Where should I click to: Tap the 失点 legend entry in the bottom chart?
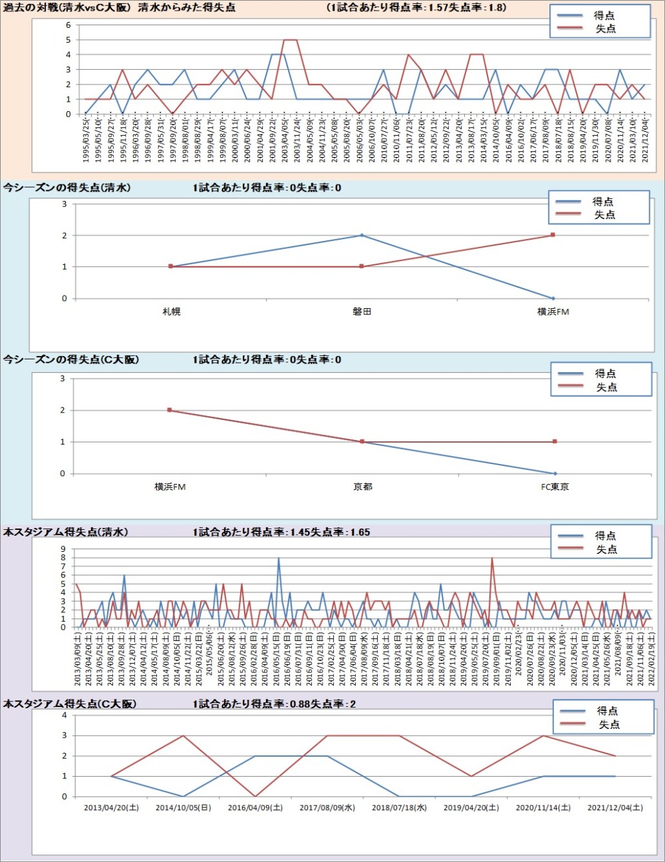click(x=609, y=724)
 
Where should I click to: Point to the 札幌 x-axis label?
click(x=171, y=312)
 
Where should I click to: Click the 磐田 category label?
click(x=362, y=312)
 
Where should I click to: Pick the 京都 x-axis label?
click(x=362, y=487)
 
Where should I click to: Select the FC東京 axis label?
click(x=555, y=487)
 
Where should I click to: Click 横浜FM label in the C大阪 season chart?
click(x=170, y=487)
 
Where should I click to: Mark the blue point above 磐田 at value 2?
click(x=362, y=235)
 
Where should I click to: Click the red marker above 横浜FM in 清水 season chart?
click(x=553, y=235)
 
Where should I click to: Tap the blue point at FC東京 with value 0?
click(x=555, y=473)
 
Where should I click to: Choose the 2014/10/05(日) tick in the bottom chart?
click(x=183, y=807)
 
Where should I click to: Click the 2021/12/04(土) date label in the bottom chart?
click(x=615, y=807)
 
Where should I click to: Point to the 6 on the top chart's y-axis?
click(x=68, y=25)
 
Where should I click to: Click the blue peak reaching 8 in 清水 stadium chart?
click(x=279, y=558)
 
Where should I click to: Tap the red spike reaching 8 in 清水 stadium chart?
click(x=492, y=558)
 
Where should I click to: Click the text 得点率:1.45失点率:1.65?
click(x=281, y=532)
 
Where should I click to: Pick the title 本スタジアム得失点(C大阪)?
click(x=70, y=704)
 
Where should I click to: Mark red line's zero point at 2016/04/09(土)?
click(x=255, y=796)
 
